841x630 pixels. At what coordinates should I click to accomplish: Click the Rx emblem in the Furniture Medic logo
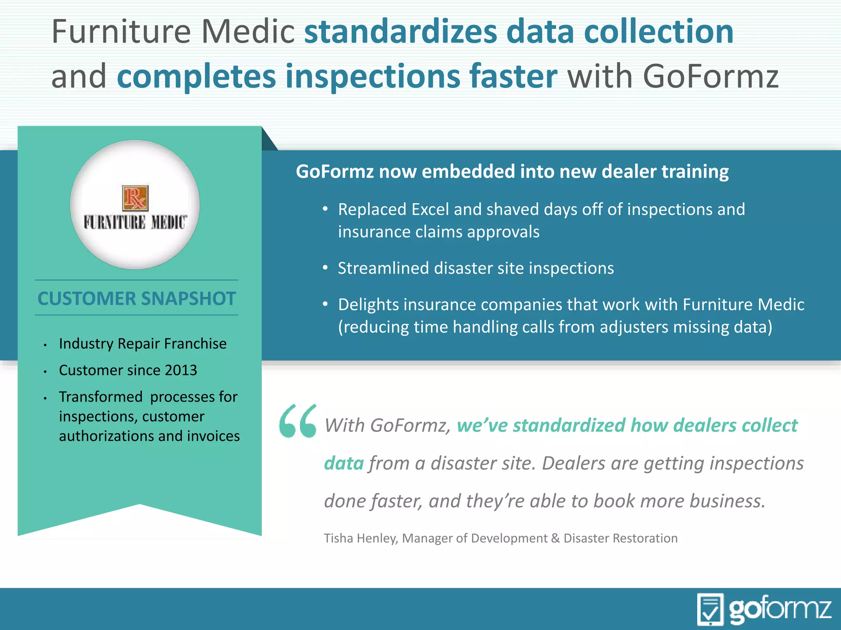tap(135, 198)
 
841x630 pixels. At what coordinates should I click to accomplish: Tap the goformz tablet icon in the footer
tap(710, 609)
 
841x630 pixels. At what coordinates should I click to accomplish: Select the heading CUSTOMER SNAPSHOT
tap(137, 298)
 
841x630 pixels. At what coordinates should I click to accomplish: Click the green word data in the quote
tap(344, 463)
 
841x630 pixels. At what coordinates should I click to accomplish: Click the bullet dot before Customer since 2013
tap(45, 371)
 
